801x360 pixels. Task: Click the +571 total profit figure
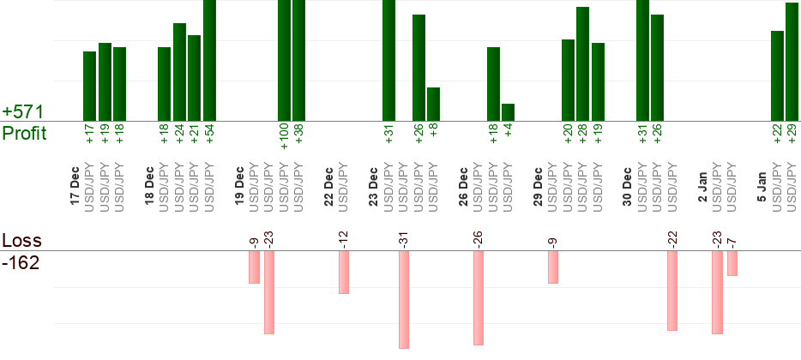pyautogui.click(x=22, y=112)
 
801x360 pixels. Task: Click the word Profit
pyautogui.click(x=25, y=134)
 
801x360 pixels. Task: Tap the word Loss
pyautogui.click(x=21, y=241)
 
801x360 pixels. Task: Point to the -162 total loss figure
pyautogui.click(x=21, y=263)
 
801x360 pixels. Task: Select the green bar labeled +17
pyautogui.click(x=89, y=87)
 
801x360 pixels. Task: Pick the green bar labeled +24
pyautogui.click(x=179, y=72)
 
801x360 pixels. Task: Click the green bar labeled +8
pyautogui.click(x=433, y=104)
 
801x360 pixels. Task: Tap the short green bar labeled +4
pyautogui.click(x=508, y=112)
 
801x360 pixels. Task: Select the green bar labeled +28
pyautogui.click(x=582, y=64)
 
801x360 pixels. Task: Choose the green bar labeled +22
pyautogui.click(x=777, y=76)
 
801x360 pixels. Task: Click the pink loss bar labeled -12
pyautogui.click(x=343, y=273)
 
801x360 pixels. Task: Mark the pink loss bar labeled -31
pyautogui.click(x=403, y=300)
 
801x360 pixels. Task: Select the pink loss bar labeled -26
pyautogui.click(x=478, y=292)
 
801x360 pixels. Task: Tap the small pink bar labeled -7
pyautogui.click(x=732, y=264)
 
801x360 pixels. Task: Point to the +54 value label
pyautogui.click(x=209, y=135)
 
